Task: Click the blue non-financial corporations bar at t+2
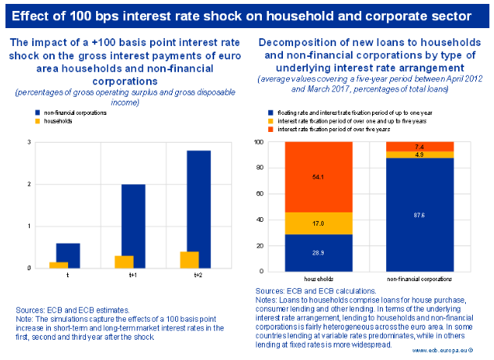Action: pos(199,203)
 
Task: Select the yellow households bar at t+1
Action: pos(124,262)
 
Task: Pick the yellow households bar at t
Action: pos(59,265)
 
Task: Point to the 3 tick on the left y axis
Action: pos(28,142)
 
